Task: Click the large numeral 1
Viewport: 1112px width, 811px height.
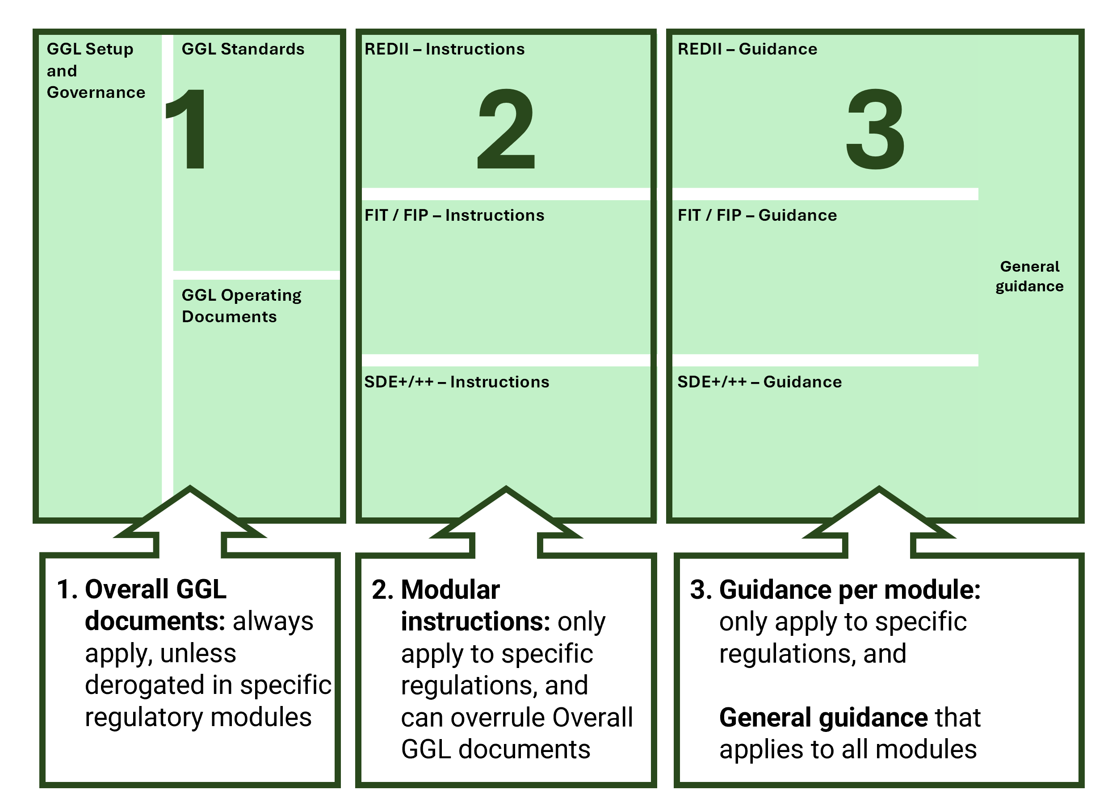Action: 189,129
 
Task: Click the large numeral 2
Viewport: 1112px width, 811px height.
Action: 506,129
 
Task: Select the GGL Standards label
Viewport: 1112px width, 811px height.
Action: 243,49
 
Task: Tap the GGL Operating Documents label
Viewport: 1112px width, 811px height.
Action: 241,305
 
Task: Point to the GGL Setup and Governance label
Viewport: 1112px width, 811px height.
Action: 96,71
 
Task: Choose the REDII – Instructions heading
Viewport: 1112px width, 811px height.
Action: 444,49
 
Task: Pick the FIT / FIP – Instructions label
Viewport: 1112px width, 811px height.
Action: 454,215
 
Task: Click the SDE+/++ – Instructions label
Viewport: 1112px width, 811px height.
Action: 457,382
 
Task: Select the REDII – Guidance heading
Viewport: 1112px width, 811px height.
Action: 747,49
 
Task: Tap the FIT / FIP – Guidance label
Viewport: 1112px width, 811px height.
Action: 757,215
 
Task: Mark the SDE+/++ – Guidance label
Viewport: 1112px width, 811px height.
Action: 759,382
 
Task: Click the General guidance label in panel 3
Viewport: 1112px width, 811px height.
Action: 1029,276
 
